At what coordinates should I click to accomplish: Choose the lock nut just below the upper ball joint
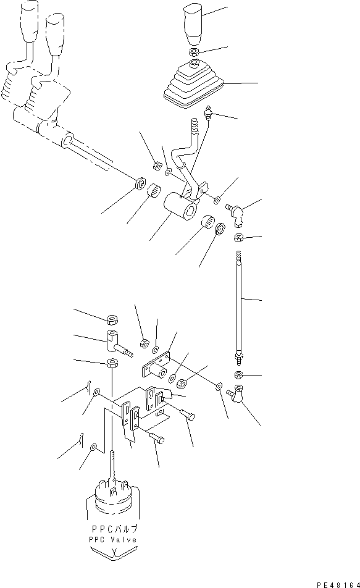pos(238,238)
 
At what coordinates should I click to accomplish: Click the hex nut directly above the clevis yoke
pos(112,319)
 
